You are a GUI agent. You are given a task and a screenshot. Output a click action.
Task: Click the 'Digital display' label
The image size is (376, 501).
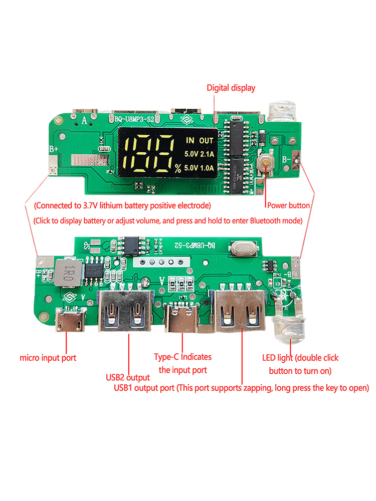tap(231, 88)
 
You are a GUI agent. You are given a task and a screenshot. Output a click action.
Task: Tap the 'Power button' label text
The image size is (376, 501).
tap(288, 205)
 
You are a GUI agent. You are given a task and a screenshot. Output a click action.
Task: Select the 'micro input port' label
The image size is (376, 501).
tap(48, 358)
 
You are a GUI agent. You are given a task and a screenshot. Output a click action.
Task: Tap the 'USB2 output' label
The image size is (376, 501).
tap(127, 377)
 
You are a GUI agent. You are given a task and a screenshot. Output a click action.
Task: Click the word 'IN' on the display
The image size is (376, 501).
tap(191, 141)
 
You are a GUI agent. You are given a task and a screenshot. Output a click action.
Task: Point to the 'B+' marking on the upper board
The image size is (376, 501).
tap(54, 149)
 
